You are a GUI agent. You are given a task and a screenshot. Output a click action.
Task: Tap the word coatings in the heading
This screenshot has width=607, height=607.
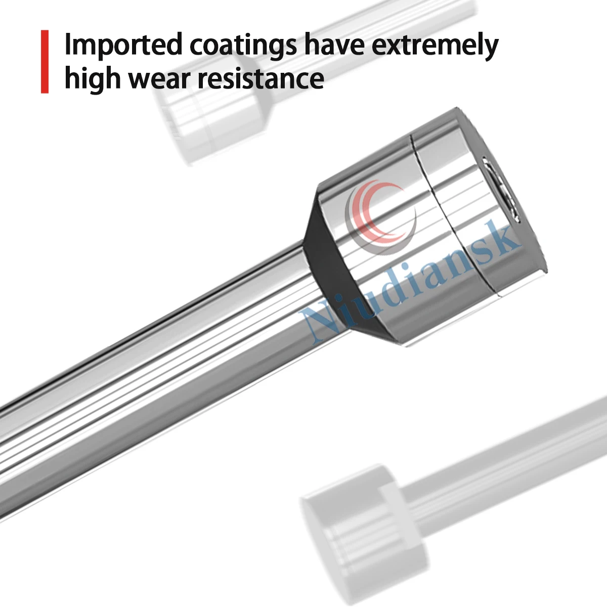[243, 46]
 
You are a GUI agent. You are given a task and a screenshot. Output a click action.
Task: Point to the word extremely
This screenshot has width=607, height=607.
[435, 46]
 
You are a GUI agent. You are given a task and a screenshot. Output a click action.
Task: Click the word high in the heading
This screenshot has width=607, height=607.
[92, 79]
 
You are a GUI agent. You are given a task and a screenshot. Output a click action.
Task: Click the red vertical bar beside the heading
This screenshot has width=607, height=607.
[45, 62]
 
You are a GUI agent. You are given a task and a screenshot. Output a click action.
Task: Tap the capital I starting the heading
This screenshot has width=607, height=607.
[68, 45]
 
